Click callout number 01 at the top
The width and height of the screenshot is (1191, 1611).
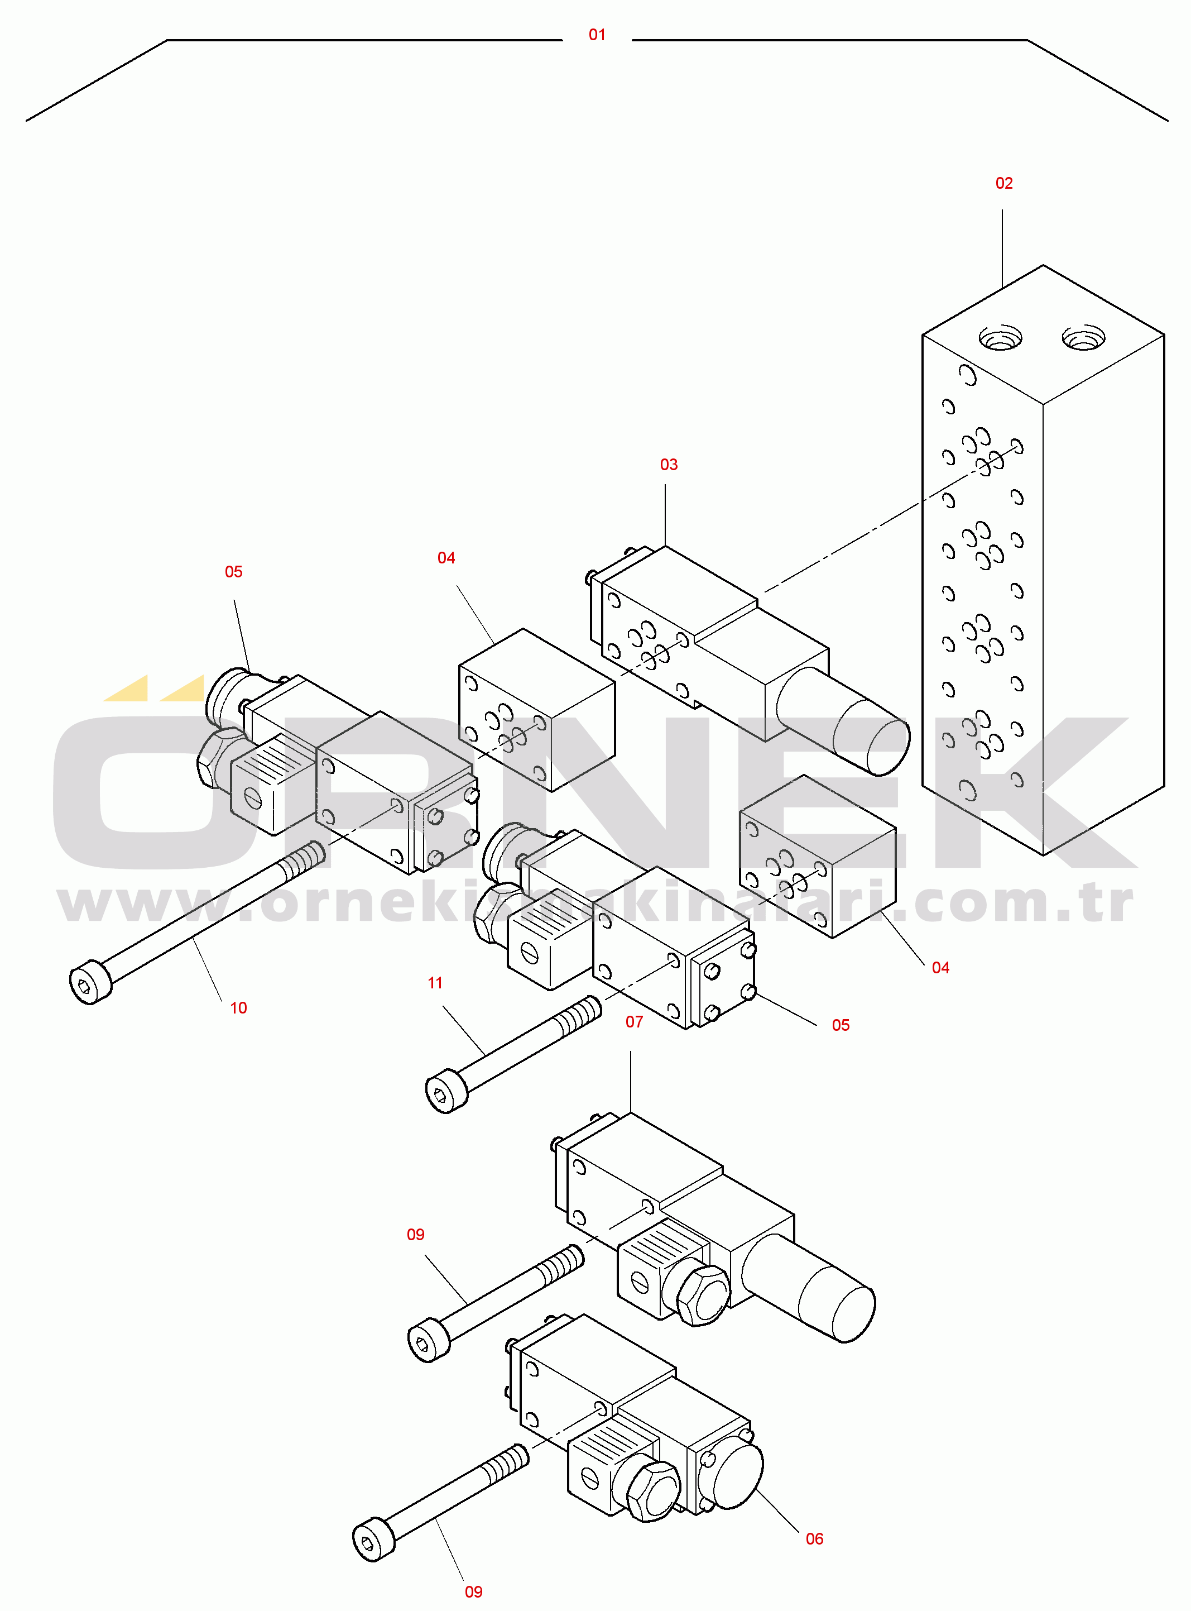click(x=597, y=35)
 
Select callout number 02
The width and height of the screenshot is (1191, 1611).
click(x=1003, y=183)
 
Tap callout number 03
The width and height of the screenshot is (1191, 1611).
click(x=669, y=465)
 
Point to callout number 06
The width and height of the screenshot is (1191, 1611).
click(x=814, y=1539)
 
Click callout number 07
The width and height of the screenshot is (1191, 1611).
click(x=633, y=1022)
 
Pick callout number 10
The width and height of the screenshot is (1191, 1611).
click(x=238, y=1008)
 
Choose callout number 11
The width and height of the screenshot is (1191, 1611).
click(x=435, y=983)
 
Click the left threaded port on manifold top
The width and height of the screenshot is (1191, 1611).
click(x=1000, y=337)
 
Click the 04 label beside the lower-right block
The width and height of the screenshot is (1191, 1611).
click(x=940, y=968)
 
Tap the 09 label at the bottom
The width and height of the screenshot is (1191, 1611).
click(x=473, y=1591)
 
